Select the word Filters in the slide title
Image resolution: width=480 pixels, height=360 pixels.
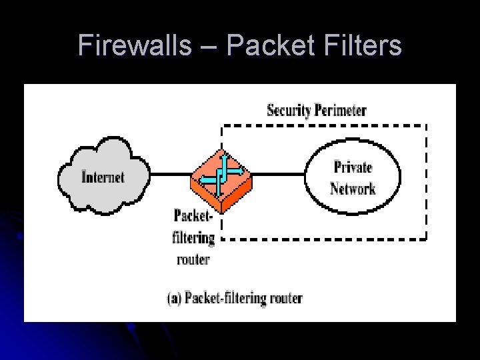point(363,45)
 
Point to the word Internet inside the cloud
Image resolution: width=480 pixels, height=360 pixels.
point(103,177)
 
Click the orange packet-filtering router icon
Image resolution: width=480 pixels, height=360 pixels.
point(221,180)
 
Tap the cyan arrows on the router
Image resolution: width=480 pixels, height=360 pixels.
point(221,175)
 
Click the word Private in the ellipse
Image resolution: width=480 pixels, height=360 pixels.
point(353,167)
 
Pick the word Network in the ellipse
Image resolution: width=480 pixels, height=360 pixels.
point(353,189)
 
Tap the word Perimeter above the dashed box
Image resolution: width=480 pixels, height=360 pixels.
point(341,110)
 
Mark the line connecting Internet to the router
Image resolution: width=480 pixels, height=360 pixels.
point(169,176)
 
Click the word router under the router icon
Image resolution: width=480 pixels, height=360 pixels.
point(193,259)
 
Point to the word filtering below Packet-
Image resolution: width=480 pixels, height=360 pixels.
point(193,237)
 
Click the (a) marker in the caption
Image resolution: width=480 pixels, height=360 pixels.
point(173,297)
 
